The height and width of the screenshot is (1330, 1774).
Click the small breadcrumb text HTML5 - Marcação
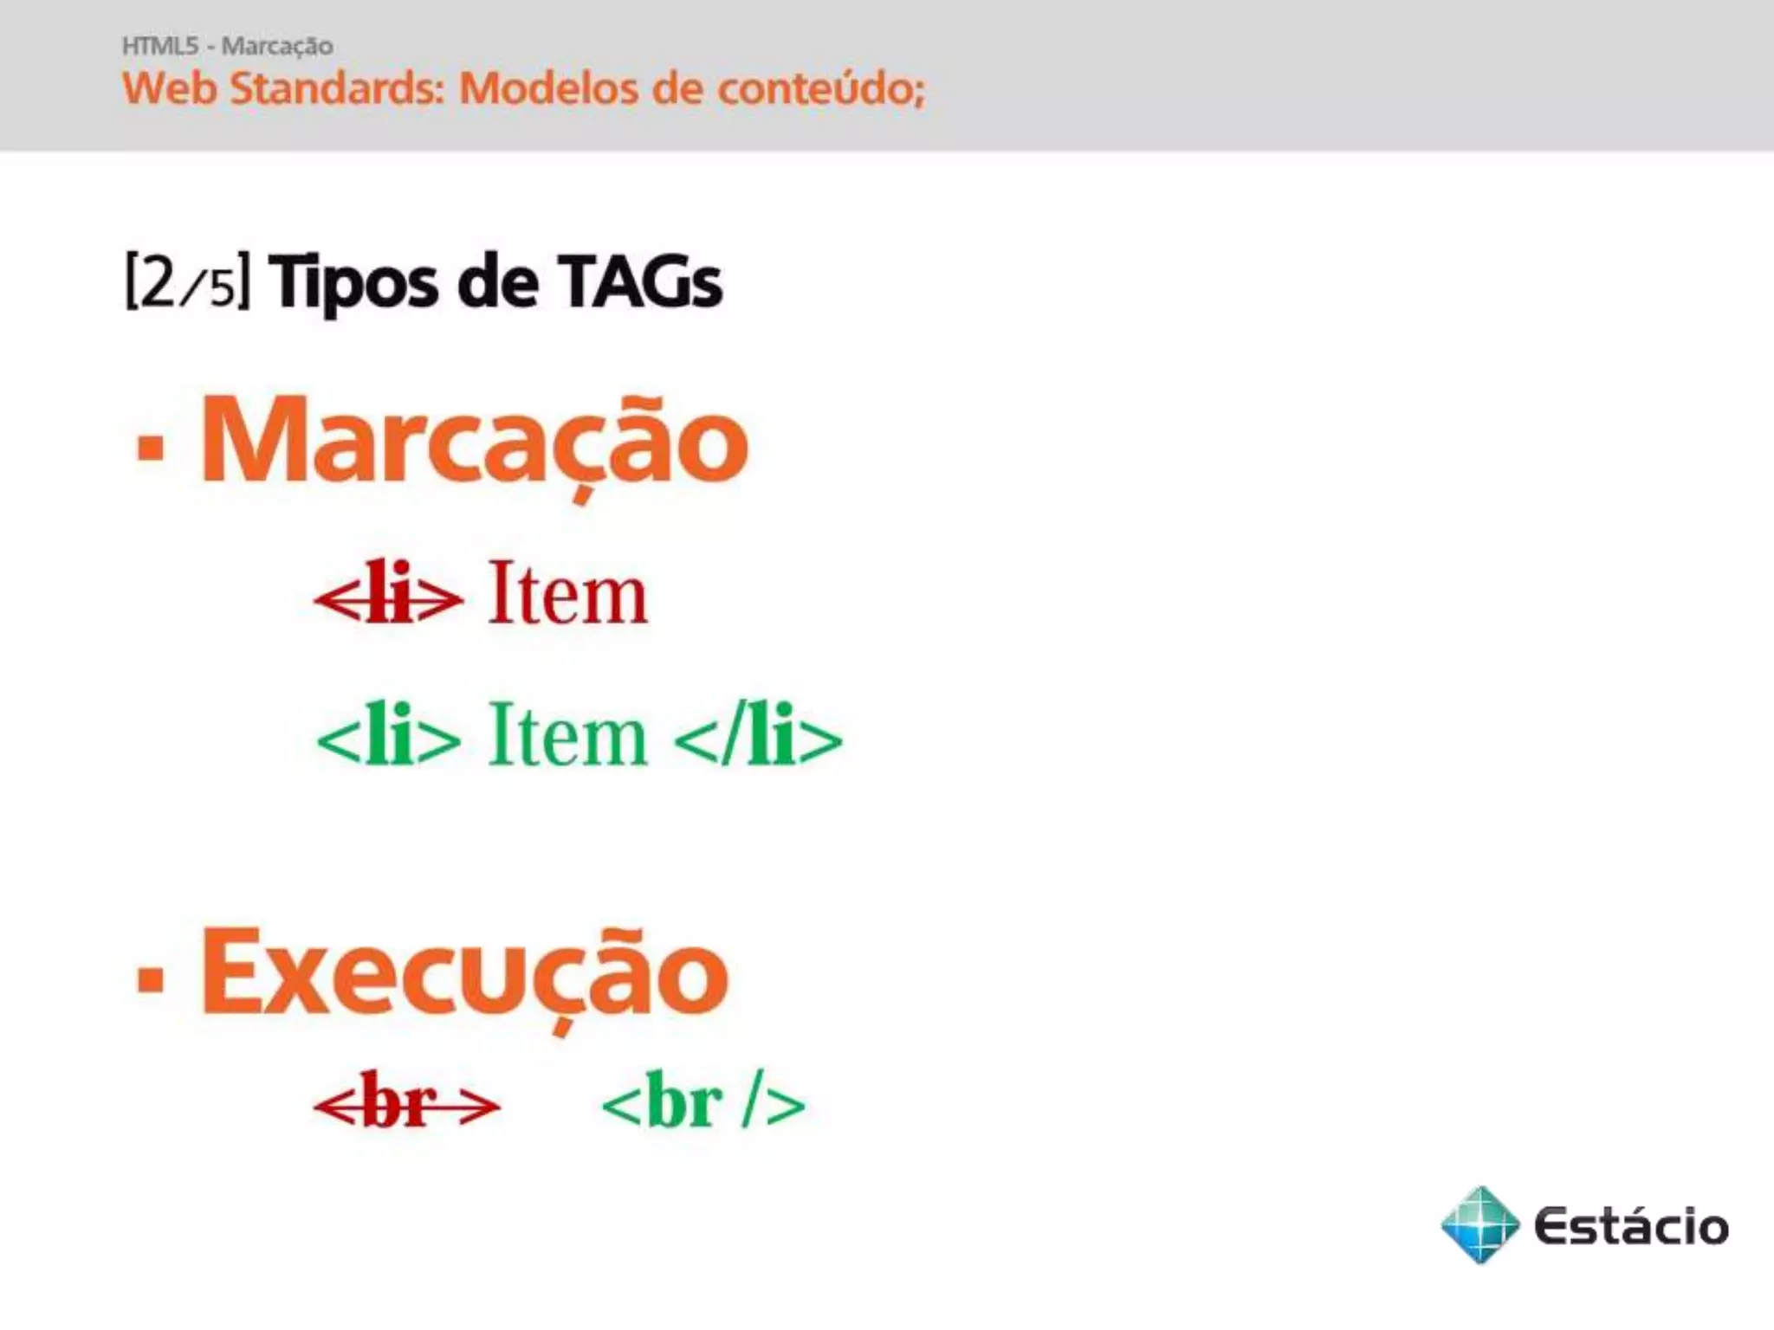coord(227,45)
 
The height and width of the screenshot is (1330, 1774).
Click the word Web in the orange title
coord(169,88)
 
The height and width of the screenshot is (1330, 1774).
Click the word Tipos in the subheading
coord(353,282)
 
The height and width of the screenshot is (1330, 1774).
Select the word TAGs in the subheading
coord(640,282)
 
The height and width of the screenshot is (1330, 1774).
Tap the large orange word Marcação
coord(474,442)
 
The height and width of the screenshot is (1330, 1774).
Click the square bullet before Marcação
coord(151,448)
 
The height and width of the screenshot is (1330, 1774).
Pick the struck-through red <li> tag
coord(388,595)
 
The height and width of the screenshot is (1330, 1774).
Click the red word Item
coord(567,593)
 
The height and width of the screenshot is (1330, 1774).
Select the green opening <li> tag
coord(388,737)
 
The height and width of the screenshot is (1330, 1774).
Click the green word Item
coord(567,735)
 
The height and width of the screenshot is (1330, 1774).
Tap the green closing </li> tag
coord(757,737)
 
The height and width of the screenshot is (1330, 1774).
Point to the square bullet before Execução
coord(151,979)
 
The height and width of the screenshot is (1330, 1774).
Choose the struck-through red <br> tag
coord(406,1103)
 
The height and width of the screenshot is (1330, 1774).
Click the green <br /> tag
coord(702,1103)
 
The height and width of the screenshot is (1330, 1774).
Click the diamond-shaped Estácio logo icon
coord(1480,1224)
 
